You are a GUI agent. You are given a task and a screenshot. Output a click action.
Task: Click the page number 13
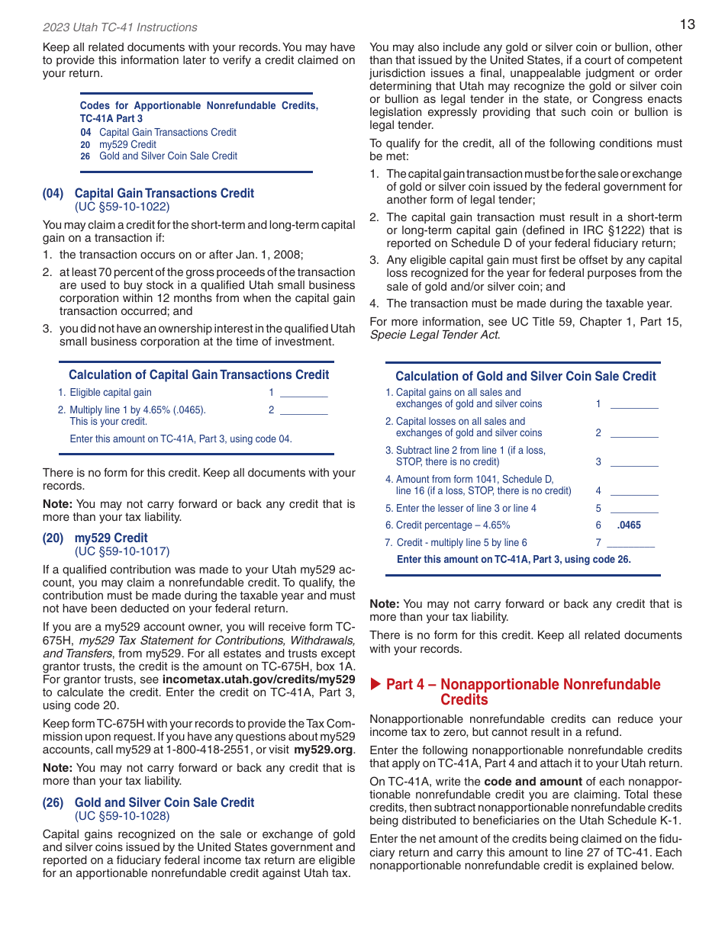(x=687, y=24)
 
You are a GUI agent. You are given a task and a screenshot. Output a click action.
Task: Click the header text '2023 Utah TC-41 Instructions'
(x=120, y=27)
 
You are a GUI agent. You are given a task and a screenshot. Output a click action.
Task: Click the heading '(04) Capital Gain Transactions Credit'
(x=148, y=193)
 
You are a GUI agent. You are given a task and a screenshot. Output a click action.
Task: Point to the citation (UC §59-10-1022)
(x=122, y=206)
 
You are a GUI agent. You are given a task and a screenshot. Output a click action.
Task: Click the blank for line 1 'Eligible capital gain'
(x=304, y=394)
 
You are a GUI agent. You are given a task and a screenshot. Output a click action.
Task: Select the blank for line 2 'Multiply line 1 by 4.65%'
(x=304, y=410)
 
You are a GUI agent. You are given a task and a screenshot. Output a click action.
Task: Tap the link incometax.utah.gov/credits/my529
(x=259, y=679)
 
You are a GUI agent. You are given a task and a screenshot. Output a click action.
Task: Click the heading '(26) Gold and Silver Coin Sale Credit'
(x=148, y=802)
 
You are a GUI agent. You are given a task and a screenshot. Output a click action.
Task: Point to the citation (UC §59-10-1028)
(x=122, y=815)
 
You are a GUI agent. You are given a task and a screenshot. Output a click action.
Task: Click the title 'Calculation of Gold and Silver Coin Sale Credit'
(x=525, y=376)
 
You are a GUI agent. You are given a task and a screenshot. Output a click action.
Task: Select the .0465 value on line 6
(x=629, y=525)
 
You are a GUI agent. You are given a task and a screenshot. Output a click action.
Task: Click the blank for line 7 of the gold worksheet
(x=631, y=543)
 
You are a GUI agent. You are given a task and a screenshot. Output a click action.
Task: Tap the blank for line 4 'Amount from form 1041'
(x=633, y=492)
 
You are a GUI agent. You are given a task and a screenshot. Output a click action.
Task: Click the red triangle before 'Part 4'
(x=375, y=684)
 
